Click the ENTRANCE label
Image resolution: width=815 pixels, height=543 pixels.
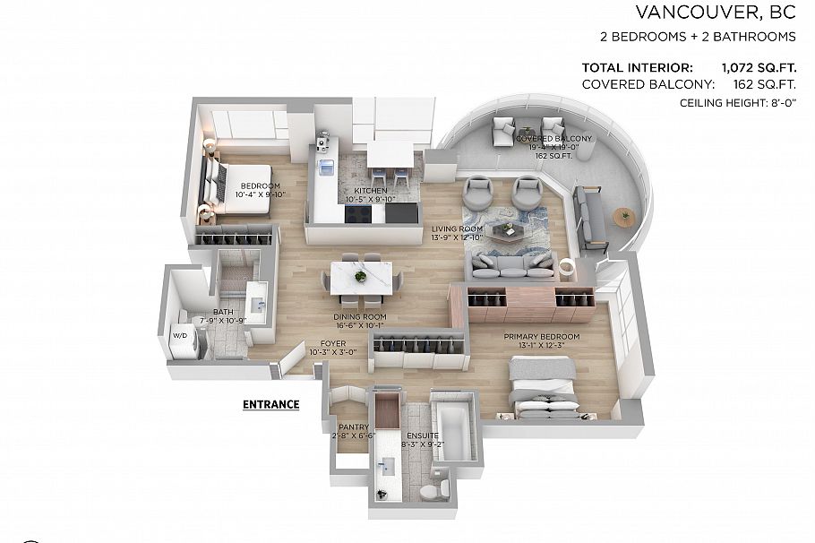pyautogui.click(x=270, y=404)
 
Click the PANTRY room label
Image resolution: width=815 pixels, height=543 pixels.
pyautogui.click(x=347, y=427)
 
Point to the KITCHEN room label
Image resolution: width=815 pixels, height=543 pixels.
pyautogui.click(x=371, y=191)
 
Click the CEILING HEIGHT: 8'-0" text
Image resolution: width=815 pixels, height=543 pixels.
pyautogui.click(x=738, y=104)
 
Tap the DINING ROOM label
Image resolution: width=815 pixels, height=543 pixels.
pyautogui.click(x=360, y=316)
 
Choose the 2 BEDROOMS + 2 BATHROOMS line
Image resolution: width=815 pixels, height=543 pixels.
pyautogui.click(x=698, y=37)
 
